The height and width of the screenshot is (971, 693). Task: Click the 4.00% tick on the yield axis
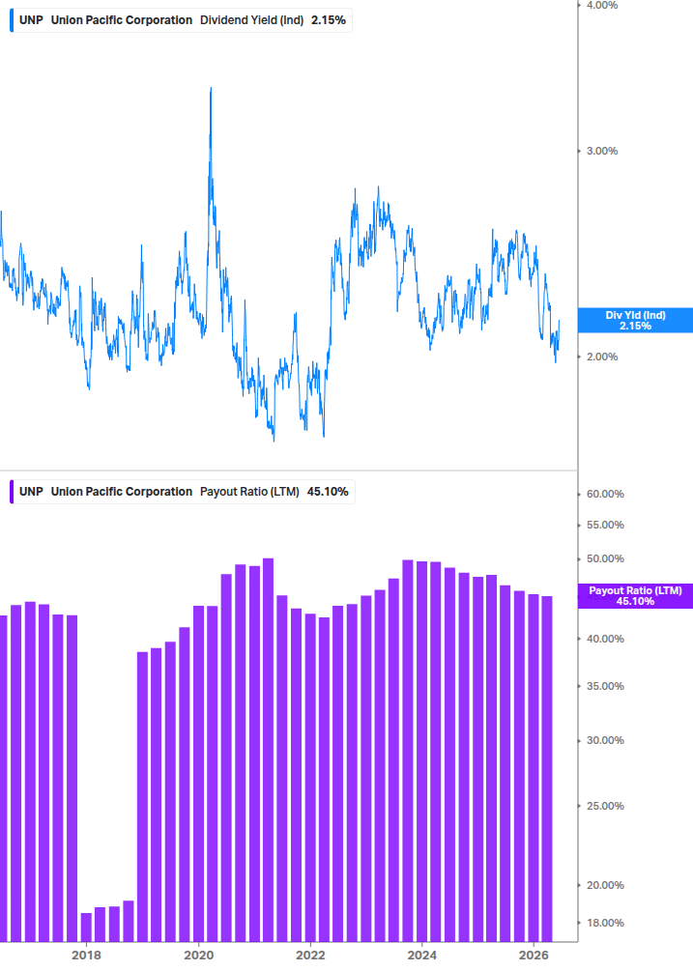602,6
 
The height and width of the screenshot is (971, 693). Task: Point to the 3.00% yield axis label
602,151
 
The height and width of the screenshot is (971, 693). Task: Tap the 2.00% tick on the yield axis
602,357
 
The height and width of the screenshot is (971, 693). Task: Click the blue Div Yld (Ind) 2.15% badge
635,320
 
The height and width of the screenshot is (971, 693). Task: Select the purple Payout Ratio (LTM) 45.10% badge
635,596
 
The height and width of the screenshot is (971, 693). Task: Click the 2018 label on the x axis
86,955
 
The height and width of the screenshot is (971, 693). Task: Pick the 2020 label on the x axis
199,955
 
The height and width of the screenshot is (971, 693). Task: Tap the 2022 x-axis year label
310,955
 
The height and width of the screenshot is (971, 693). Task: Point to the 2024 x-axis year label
421,955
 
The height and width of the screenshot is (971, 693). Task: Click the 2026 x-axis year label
534,955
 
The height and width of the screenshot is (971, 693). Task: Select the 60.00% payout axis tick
605,494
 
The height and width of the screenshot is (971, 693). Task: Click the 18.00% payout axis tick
605,923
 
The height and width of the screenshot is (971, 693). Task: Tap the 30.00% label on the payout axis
605,740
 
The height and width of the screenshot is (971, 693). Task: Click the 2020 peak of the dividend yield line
211,89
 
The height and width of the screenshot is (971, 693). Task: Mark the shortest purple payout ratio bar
86,927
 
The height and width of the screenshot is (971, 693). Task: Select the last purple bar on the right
547,768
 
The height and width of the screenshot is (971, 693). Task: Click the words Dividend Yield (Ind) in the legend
251,20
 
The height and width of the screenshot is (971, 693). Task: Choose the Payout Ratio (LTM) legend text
249,492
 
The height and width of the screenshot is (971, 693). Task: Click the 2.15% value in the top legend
329,20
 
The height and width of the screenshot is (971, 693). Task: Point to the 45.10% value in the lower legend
328,492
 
